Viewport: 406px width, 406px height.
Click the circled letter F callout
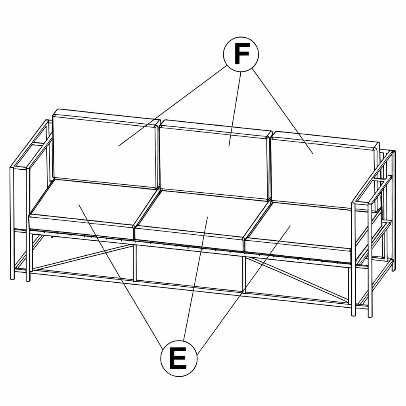[x=241, y=54]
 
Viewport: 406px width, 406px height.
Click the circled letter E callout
[x=179, y=358]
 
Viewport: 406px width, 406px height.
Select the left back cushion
[x=105, y=149]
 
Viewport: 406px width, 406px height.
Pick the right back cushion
[x=324, y=171]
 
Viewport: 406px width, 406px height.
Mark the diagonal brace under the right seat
[x=298, y=280]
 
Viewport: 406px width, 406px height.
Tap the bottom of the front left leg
[x=28, y=279]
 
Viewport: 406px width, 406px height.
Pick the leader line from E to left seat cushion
[x=121, y=276]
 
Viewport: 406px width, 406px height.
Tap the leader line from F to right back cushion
[x=283, y=111]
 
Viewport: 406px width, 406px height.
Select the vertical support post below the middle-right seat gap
[x=244, y=273]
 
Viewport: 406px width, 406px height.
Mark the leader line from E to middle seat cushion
[x=195, y=279]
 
